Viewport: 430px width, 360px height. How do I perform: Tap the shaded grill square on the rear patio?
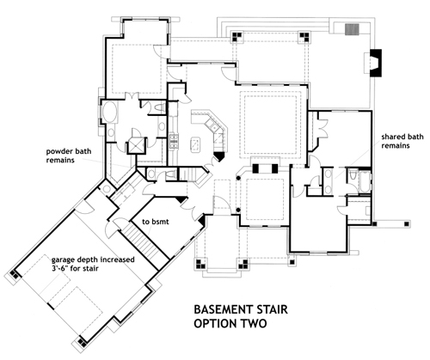(350, 28)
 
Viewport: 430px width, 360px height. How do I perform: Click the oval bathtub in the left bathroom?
(112, 113)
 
